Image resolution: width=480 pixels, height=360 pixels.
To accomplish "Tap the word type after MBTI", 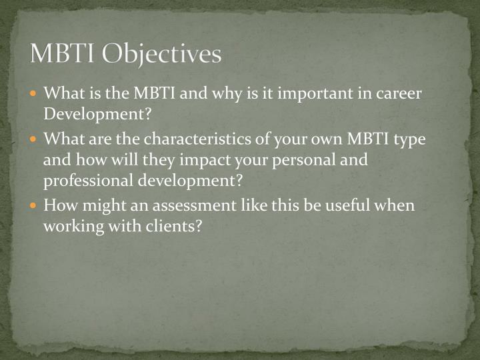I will [x=408, y=141].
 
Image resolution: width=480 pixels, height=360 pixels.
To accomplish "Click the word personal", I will [x=289, y=161].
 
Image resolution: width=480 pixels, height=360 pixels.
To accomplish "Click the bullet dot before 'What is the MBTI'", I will [x=35, y=94].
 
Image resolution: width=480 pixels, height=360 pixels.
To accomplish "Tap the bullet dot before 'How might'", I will [x=35, y=205].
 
